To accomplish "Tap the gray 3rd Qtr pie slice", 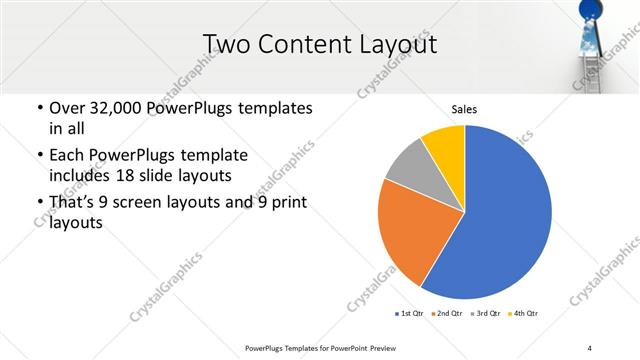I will pos(408,167).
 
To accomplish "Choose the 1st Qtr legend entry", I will pos(411,314).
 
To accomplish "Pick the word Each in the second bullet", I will pos(66,155).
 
